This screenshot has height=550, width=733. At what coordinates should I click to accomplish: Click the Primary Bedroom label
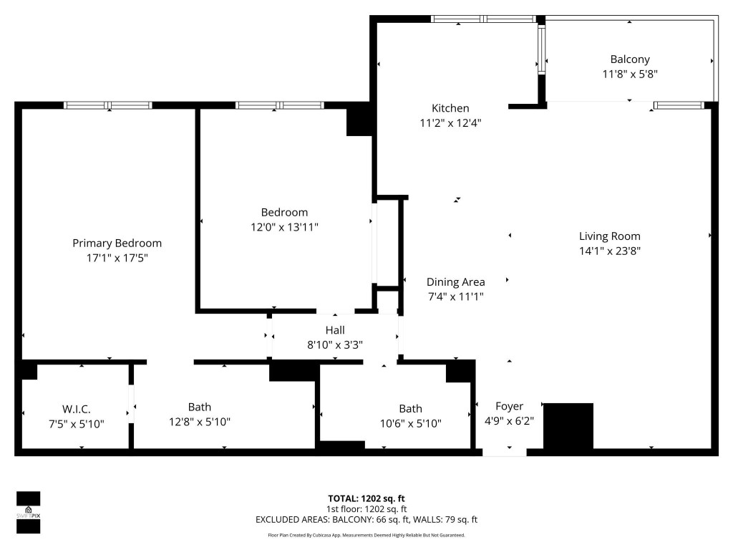pos(117,243)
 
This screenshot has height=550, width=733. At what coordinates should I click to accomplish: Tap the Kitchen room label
pos(450,108)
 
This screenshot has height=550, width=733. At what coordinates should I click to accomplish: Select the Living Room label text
pos(609,236)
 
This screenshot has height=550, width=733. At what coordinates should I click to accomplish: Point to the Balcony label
pos(630,59)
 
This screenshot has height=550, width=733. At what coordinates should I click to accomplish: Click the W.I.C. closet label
pos(76,409)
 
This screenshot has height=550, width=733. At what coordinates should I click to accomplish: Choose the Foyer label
pos(509,406)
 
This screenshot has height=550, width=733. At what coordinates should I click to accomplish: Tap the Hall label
pos(335,330)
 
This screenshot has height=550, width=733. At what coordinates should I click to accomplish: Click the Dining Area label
pos(455,282)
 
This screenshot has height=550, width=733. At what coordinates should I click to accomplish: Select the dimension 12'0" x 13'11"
pos(284,227)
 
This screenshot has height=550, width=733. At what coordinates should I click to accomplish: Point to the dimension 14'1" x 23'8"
pos(609,251)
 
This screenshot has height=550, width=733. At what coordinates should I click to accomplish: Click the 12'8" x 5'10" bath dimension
pos(200,423)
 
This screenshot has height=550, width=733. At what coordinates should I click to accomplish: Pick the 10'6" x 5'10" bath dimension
pos(410,423)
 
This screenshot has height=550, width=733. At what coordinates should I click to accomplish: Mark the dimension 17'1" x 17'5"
pos(117,258)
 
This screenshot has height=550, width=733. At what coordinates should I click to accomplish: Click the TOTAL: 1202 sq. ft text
pos(366,498)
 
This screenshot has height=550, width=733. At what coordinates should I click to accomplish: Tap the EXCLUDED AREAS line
pos(366,520)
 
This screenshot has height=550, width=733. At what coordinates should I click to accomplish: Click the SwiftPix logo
pos(29,513)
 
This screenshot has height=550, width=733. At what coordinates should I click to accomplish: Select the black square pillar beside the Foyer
pos(569,425)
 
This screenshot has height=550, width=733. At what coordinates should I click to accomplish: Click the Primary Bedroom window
pos(108,105)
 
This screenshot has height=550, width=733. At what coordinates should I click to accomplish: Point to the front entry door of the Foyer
pos(504,452)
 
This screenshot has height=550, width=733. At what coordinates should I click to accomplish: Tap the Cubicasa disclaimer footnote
pos(366,535)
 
